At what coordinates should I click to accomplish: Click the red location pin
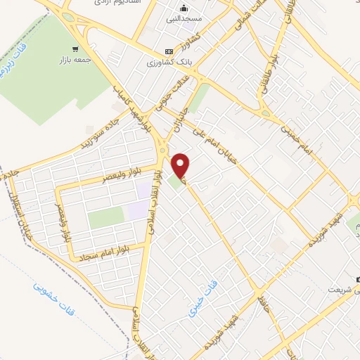point(181,165)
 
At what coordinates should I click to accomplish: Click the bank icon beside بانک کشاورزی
point(168,51)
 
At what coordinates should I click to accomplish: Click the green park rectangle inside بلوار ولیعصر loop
point(105,219)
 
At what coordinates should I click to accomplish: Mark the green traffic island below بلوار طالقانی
point(266,112)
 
